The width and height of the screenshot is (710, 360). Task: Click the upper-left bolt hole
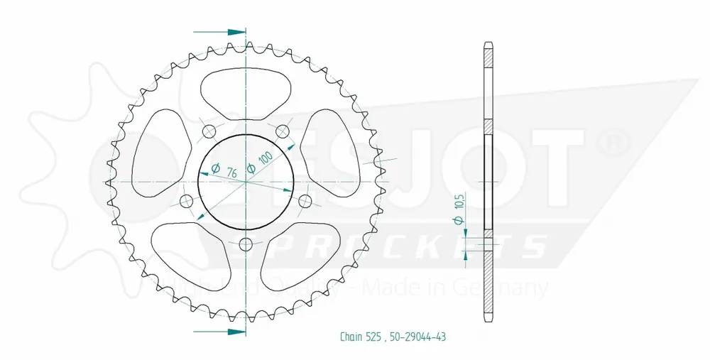click(209, 131)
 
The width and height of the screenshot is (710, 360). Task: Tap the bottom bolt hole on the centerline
click(246, 246)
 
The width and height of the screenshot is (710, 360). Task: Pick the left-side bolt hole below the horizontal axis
click(187, 200)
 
